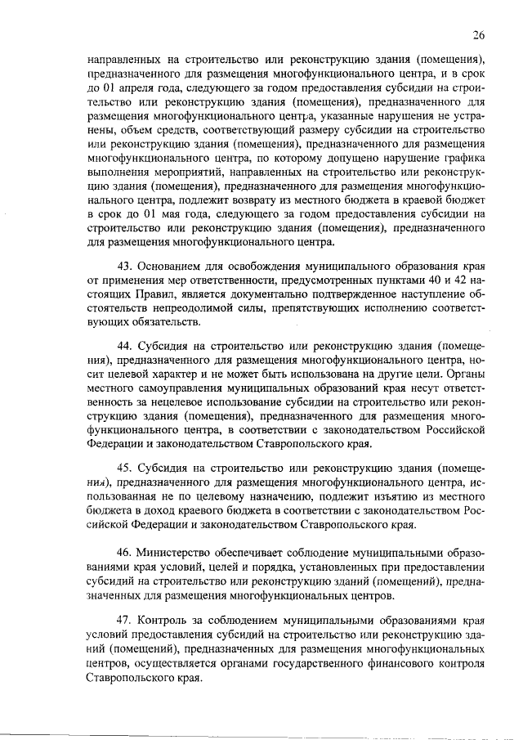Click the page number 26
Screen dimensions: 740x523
[478, 34]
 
